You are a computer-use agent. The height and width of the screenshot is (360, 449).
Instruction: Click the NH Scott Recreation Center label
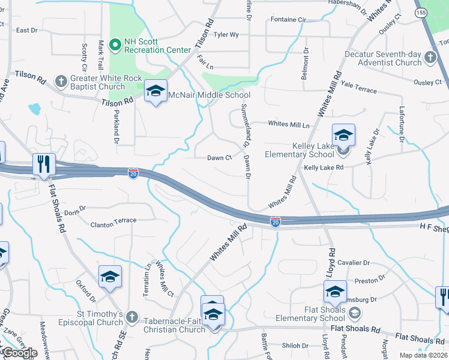point(157,46)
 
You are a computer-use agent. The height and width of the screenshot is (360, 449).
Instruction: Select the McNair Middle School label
point(209,95)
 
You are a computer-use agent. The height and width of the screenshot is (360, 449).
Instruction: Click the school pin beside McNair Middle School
point(155,92)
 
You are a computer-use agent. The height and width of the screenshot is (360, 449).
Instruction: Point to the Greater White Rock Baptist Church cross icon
point(61,81)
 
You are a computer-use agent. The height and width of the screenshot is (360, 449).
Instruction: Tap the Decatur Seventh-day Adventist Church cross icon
point(430,58)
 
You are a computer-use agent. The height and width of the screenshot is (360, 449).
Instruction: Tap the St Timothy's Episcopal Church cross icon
point(133,315)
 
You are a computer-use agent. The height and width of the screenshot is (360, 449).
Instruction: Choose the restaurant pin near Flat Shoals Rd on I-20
point(43,164)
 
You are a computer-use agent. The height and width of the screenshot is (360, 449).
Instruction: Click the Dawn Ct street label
point(219,158)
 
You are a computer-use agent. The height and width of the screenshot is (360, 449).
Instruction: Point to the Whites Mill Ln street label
point(288,124)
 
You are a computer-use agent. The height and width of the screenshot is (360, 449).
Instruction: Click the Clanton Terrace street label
point(113,221)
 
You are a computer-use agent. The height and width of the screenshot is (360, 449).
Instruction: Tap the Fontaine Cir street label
point(288,20)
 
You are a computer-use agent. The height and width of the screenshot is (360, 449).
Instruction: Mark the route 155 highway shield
point(421,11)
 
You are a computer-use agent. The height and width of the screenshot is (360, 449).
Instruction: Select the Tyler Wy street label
point(226,35)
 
